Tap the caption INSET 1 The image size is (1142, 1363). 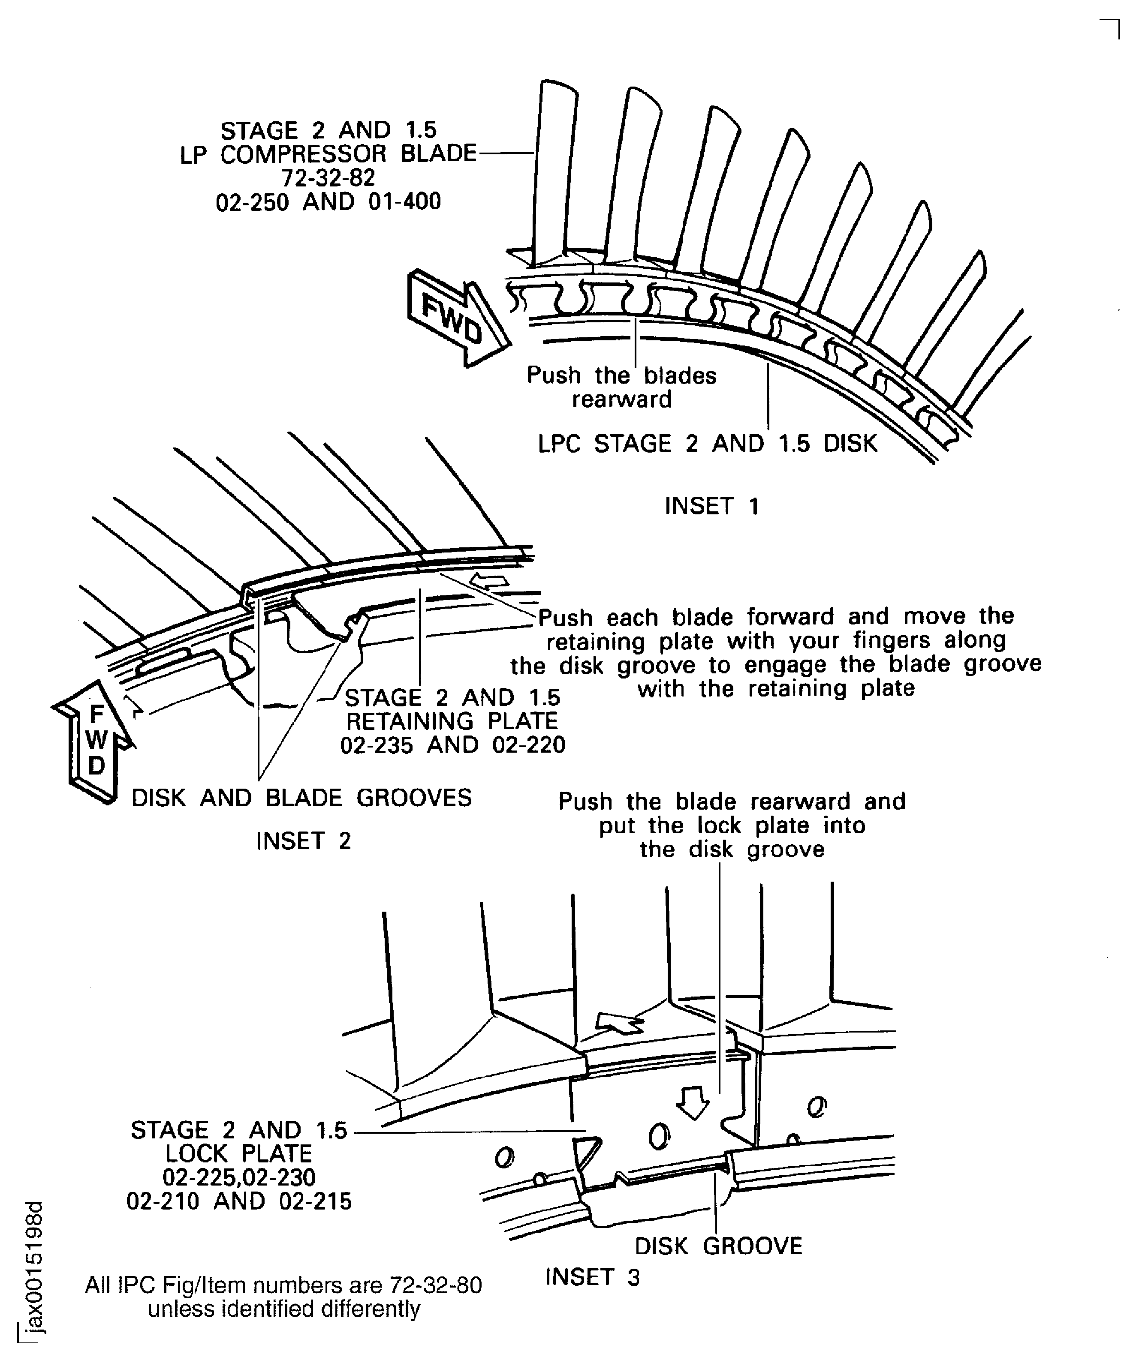[x=711, y=506]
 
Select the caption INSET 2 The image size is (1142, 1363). [x=303, y=841]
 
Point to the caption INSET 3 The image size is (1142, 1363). [x=592, y=1277]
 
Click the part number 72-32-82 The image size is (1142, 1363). [x=328, y=178]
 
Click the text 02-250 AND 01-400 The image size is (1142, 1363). [x=328, y=202]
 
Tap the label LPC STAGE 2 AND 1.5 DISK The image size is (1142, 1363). [x=708, y=444]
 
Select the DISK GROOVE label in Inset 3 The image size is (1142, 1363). [x=718, y=1246]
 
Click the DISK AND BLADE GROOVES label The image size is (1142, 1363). [x=302, y=798]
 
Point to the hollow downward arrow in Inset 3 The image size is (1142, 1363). [x=693, y=1103]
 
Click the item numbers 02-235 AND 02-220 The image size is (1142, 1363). [x=452, y=745]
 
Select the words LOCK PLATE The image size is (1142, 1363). [x=239, y=1154]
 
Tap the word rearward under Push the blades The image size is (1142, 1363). [x=621, y=399]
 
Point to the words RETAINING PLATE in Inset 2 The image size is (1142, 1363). [x=452, y=721]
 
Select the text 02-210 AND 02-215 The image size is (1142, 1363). [x=239, y=1201]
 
